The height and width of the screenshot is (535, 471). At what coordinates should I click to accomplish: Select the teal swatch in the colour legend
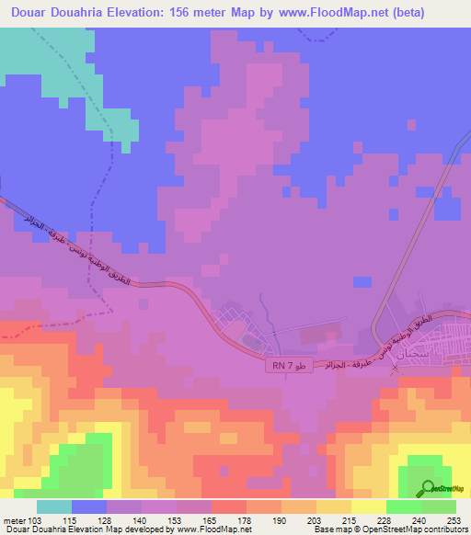54,507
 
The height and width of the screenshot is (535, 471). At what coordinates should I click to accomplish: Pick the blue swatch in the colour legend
89,507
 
